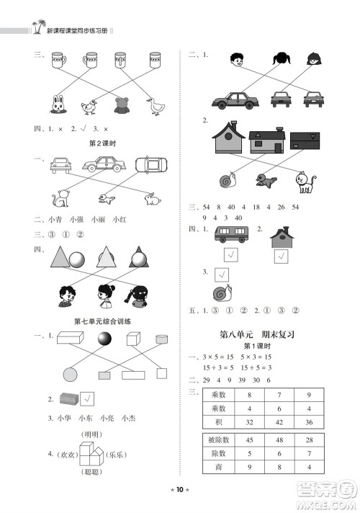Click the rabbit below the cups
[x=57, y=105]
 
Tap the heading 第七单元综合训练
[x=101, y=321]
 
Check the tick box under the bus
[x=230, y=254]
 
